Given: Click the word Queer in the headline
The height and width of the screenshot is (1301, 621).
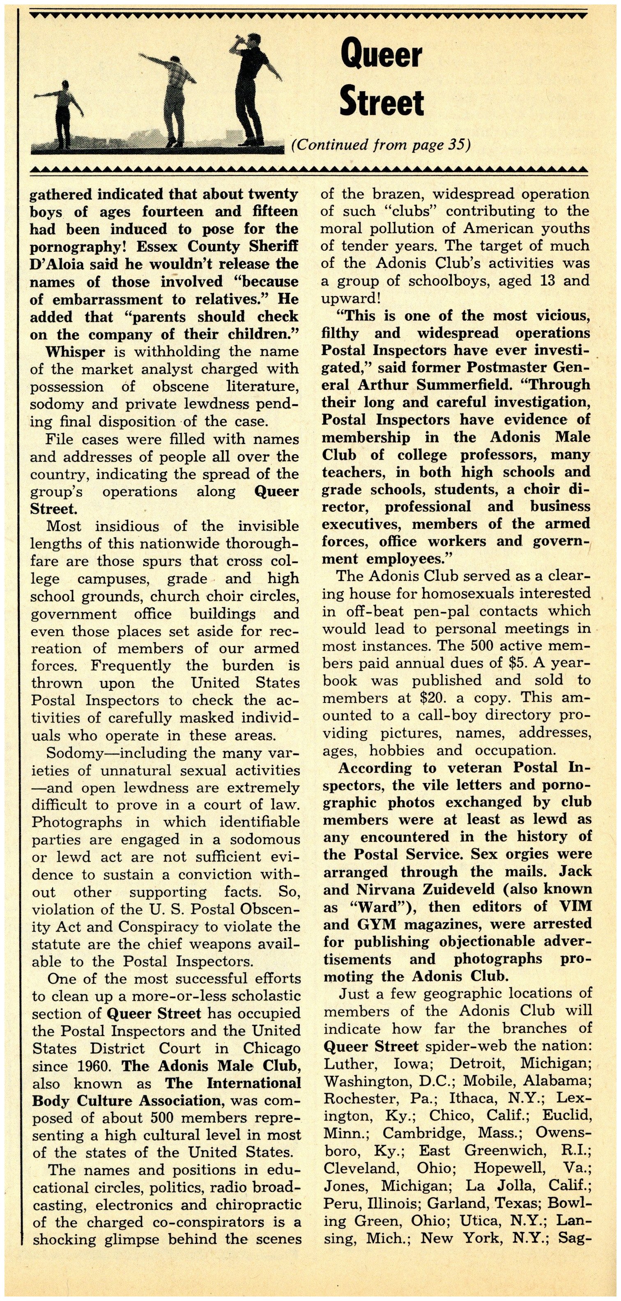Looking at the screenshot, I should point(381,55).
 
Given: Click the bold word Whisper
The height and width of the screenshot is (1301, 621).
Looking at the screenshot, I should point(75,352).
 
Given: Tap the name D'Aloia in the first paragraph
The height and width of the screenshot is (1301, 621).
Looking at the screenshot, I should point(57,264).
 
